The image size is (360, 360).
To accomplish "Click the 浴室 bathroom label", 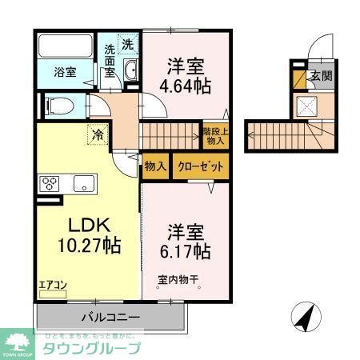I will pyautogui.click(x=65, y=72).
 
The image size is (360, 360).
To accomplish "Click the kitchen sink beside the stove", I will pyautogui.click(x=83, y=183).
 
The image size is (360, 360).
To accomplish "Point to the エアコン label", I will pyautogui.click(x=50, y=283).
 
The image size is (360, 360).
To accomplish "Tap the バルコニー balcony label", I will pyautogui.click(x=111, y=317).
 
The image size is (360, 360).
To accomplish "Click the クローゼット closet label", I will pyautogui.click(x=200, y=166).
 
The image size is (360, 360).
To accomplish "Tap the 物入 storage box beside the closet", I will pyautogui.click(x=155, y=166).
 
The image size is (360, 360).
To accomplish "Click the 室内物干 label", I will pyautogui.click(x=177, y=280).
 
